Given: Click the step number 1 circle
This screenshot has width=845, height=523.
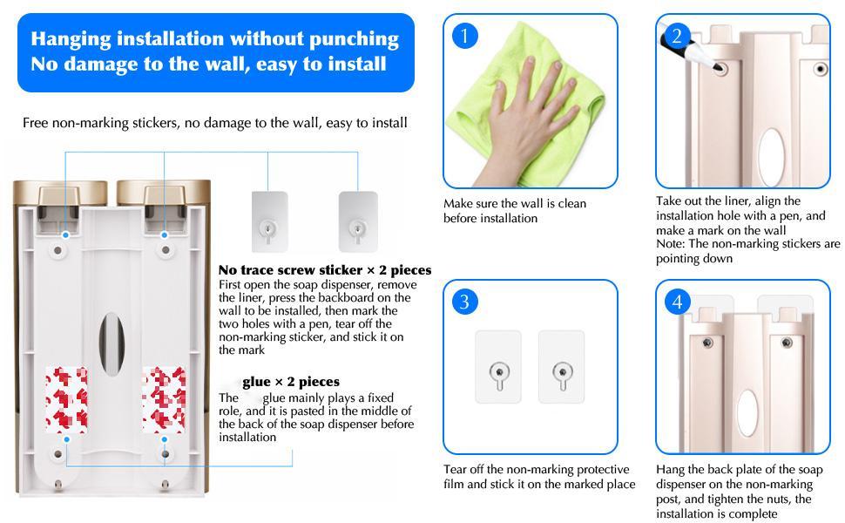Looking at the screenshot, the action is pyautogui.click(x=464, y=36).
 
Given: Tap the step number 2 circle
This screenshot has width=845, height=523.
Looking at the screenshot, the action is pyautogui.click(x=677, y=36).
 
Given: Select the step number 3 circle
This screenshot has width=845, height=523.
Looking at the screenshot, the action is pyautogui.click(x=464, y=302).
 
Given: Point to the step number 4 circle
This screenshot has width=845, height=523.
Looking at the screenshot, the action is pyautogui.click(x=677, y=302).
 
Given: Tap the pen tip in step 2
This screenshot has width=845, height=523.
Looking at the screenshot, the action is pyautogui.click(x=718, y=67).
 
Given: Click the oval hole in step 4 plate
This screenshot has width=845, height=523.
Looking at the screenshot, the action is pyautogui.click(x=747, y=413).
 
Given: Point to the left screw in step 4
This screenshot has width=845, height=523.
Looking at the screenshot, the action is pyautogui.click(x=707, y=343).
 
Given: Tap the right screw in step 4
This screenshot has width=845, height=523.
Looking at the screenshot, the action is pyautogui.click(x=787, y=343).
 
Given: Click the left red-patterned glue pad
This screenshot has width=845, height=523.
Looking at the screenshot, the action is pyautogui.click(x=66, y=399).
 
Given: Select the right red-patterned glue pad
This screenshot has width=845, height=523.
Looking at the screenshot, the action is pyautogui.click(x=165, y=399).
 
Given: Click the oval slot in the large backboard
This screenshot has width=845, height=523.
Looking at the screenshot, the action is pyautogui.click(x=112, y=343).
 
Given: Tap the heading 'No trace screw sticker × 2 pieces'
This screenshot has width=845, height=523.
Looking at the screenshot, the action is pyautogui.click(x=325, y=269).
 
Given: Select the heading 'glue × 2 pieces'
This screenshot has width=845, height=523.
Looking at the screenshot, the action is pyautogui.click(x=291, y=382).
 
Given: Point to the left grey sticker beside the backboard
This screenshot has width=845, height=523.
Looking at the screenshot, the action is pyautogui.click(x=269, y=221).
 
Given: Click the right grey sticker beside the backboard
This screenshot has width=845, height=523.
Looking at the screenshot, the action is pyautogui.click(x=358, y=221).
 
